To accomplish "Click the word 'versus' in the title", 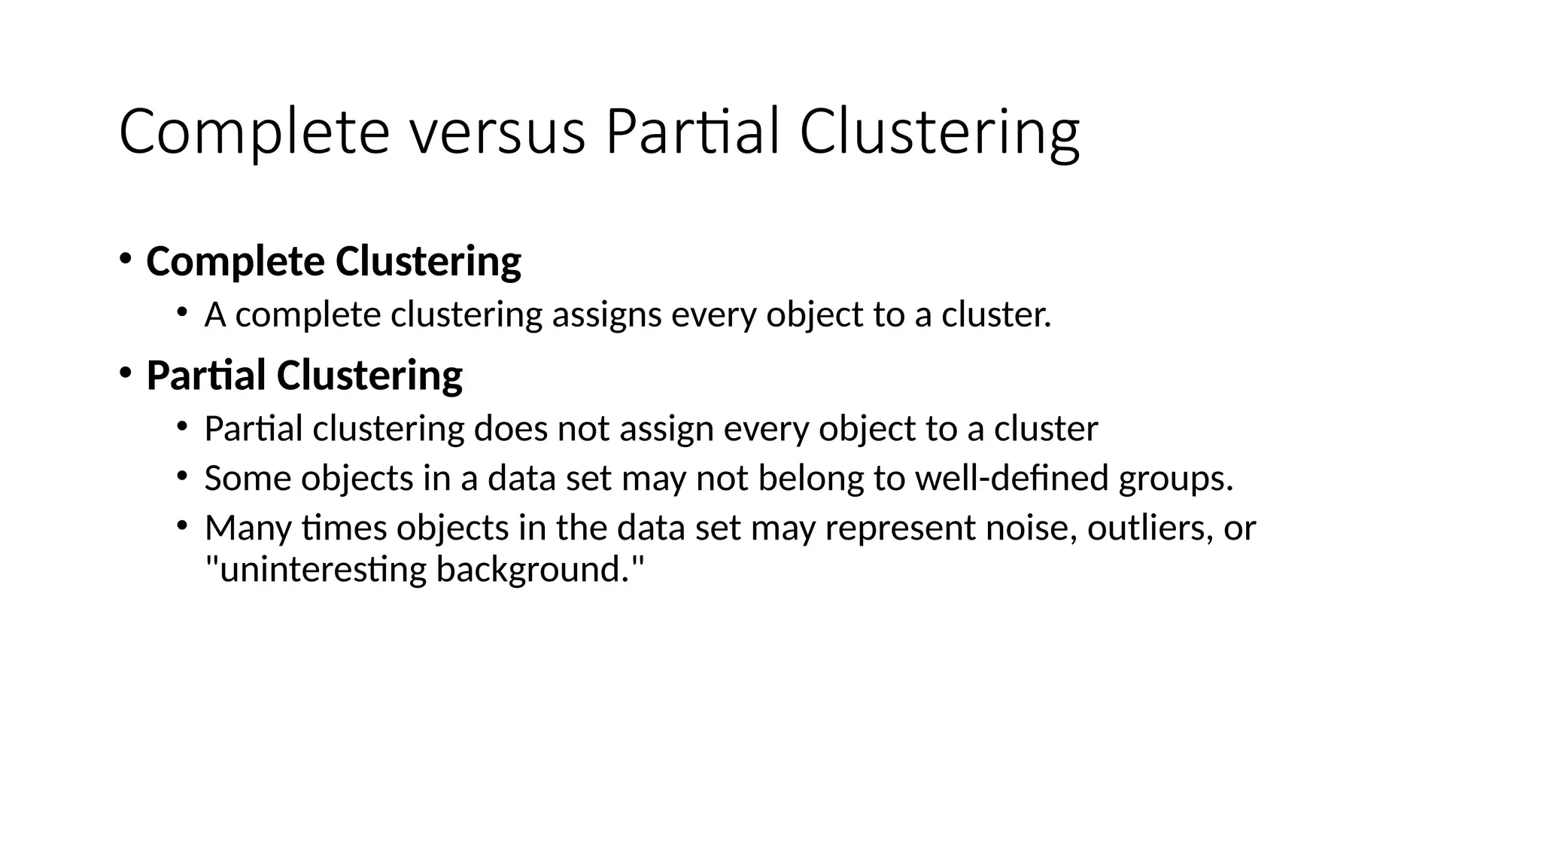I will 497,132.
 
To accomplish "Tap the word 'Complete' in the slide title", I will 254,132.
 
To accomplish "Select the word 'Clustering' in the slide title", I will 939,132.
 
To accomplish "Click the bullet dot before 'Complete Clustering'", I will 125,259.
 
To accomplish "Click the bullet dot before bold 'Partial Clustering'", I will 125,372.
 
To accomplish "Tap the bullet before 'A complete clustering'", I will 181,312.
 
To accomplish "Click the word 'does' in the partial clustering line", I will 510,429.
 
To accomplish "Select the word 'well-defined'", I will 1011,478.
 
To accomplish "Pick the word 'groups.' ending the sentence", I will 1176,479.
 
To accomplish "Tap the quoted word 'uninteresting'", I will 316,569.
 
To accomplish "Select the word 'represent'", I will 900,528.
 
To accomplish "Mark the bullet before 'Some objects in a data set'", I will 181,476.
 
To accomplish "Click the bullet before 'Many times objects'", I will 181,525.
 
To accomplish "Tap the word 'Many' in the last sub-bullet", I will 248,528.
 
